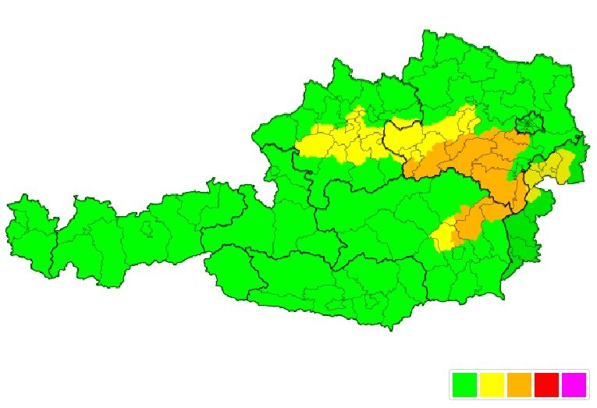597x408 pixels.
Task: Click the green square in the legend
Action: pyautogui.click(x=464, y=385)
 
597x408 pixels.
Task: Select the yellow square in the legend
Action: pyautogui.click(x=492, y=385)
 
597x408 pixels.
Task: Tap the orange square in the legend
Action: pyautogui.click(x=519, y=385)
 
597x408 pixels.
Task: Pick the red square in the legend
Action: pyautogui.click(x=546, y=385)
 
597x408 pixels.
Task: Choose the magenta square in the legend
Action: pyautogui.click(x=574, y=385)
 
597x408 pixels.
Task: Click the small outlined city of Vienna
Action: pyautogui.click(x=531, y=123)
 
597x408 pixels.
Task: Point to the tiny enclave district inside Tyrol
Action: pyautogui.click(x=146, y=229)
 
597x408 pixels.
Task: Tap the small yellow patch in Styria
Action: pyautogui.click(x=442, y=236)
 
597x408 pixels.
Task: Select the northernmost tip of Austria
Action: pyautogui.click(x=428, y=35)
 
